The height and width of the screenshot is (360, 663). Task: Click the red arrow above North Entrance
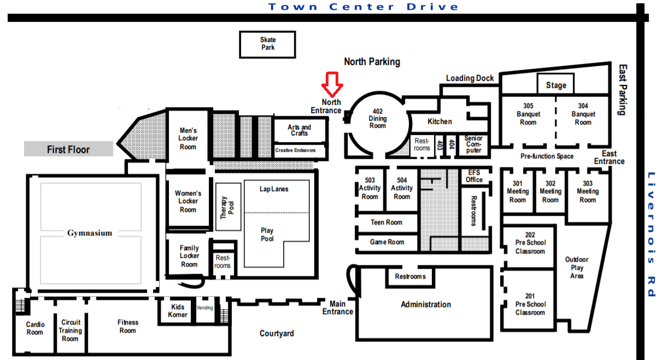[332, 84]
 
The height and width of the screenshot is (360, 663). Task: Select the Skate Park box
[268, 44]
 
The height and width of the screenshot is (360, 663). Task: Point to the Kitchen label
[439, 122]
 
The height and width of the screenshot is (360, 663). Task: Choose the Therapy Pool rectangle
[228, 206]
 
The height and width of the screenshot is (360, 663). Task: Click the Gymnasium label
[90, 233]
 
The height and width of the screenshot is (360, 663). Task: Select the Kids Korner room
[177, 311]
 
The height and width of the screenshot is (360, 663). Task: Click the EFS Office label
[474, 176]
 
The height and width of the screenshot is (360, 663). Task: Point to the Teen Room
[387, 222]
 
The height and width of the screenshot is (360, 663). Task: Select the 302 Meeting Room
[550, 191]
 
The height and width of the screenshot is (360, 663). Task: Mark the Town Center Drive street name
[363, 7]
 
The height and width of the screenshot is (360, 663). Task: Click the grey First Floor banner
[68, 149]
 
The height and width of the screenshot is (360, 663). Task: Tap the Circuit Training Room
[71, 331]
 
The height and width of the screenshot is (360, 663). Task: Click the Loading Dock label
[470, 78]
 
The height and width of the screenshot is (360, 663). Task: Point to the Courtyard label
[277, 333]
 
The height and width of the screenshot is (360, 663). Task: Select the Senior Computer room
[473, 144]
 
